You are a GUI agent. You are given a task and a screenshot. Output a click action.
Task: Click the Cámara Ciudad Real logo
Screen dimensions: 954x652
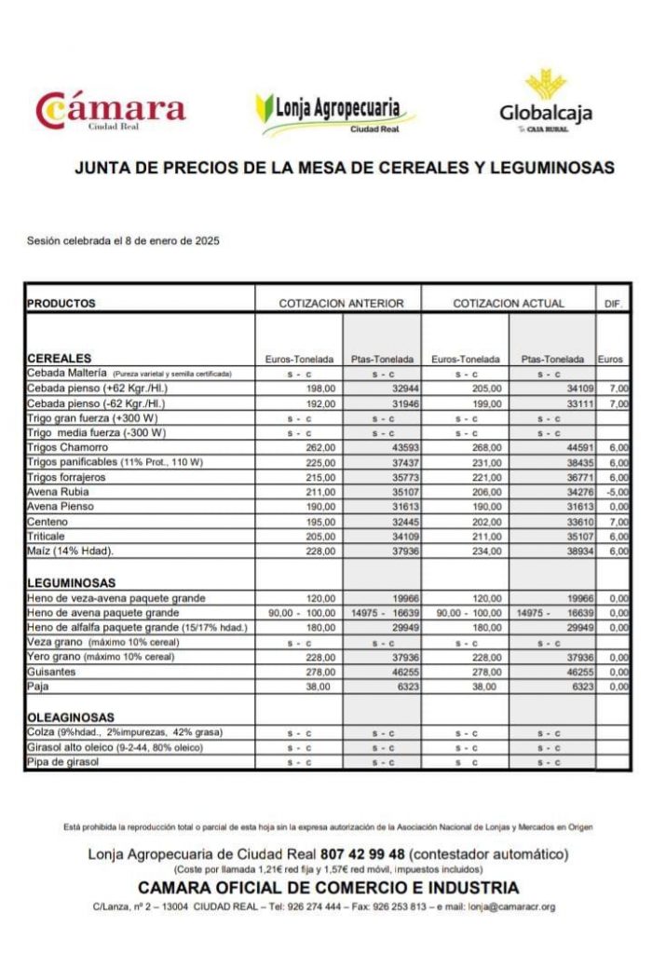pos(110,111)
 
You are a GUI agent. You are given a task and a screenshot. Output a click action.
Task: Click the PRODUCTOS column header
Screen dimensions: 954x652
pos(61,304)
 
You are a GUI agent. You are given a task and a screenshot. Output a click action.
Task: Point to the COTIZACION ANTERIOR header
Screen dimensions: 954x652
pos(341,304)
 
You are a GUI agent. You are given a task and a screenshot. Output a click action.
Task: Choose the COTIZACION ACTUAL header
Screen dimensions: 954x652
pos(509,304)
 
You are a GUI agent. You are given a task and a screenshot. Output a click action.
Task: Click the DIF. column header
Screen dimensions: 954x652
pos(613,304)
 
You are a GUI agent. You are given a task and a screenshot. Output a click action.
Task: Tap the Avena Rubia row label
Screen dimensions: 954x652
pos(58,492)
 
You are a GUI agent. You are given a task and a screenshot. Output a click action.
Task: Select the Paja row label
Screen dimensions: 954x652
pos(38,686)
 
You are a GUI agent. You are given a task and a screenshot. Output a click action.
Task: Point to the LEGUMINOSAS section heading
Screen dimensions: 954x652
pos(71,583)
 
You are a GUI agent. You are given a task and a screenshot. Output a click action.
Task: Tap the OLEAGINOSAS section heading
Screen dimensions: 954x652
pos(71,717)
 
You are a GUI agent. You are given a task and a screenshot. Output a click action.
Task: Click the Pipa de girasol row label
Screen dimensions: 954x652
pos(62,762)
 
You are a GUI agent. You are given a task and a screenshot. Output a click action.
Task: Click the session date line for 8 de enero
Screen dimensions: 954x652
pos(123,241)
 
